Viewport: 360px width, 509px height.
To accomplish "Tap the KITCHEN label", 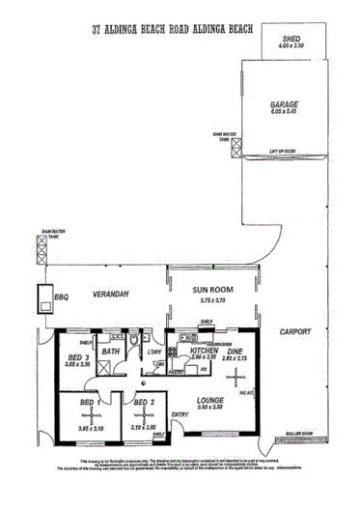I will click(x=204, y=351).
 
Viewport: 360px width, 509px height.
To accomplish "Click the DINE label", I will click(x=235, y=351).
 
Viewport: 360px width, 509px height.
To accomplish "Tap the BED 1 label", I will click(x=87, y=401).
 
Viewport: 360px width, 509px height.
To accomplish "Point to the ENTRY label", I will click(x=179, y=415).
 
